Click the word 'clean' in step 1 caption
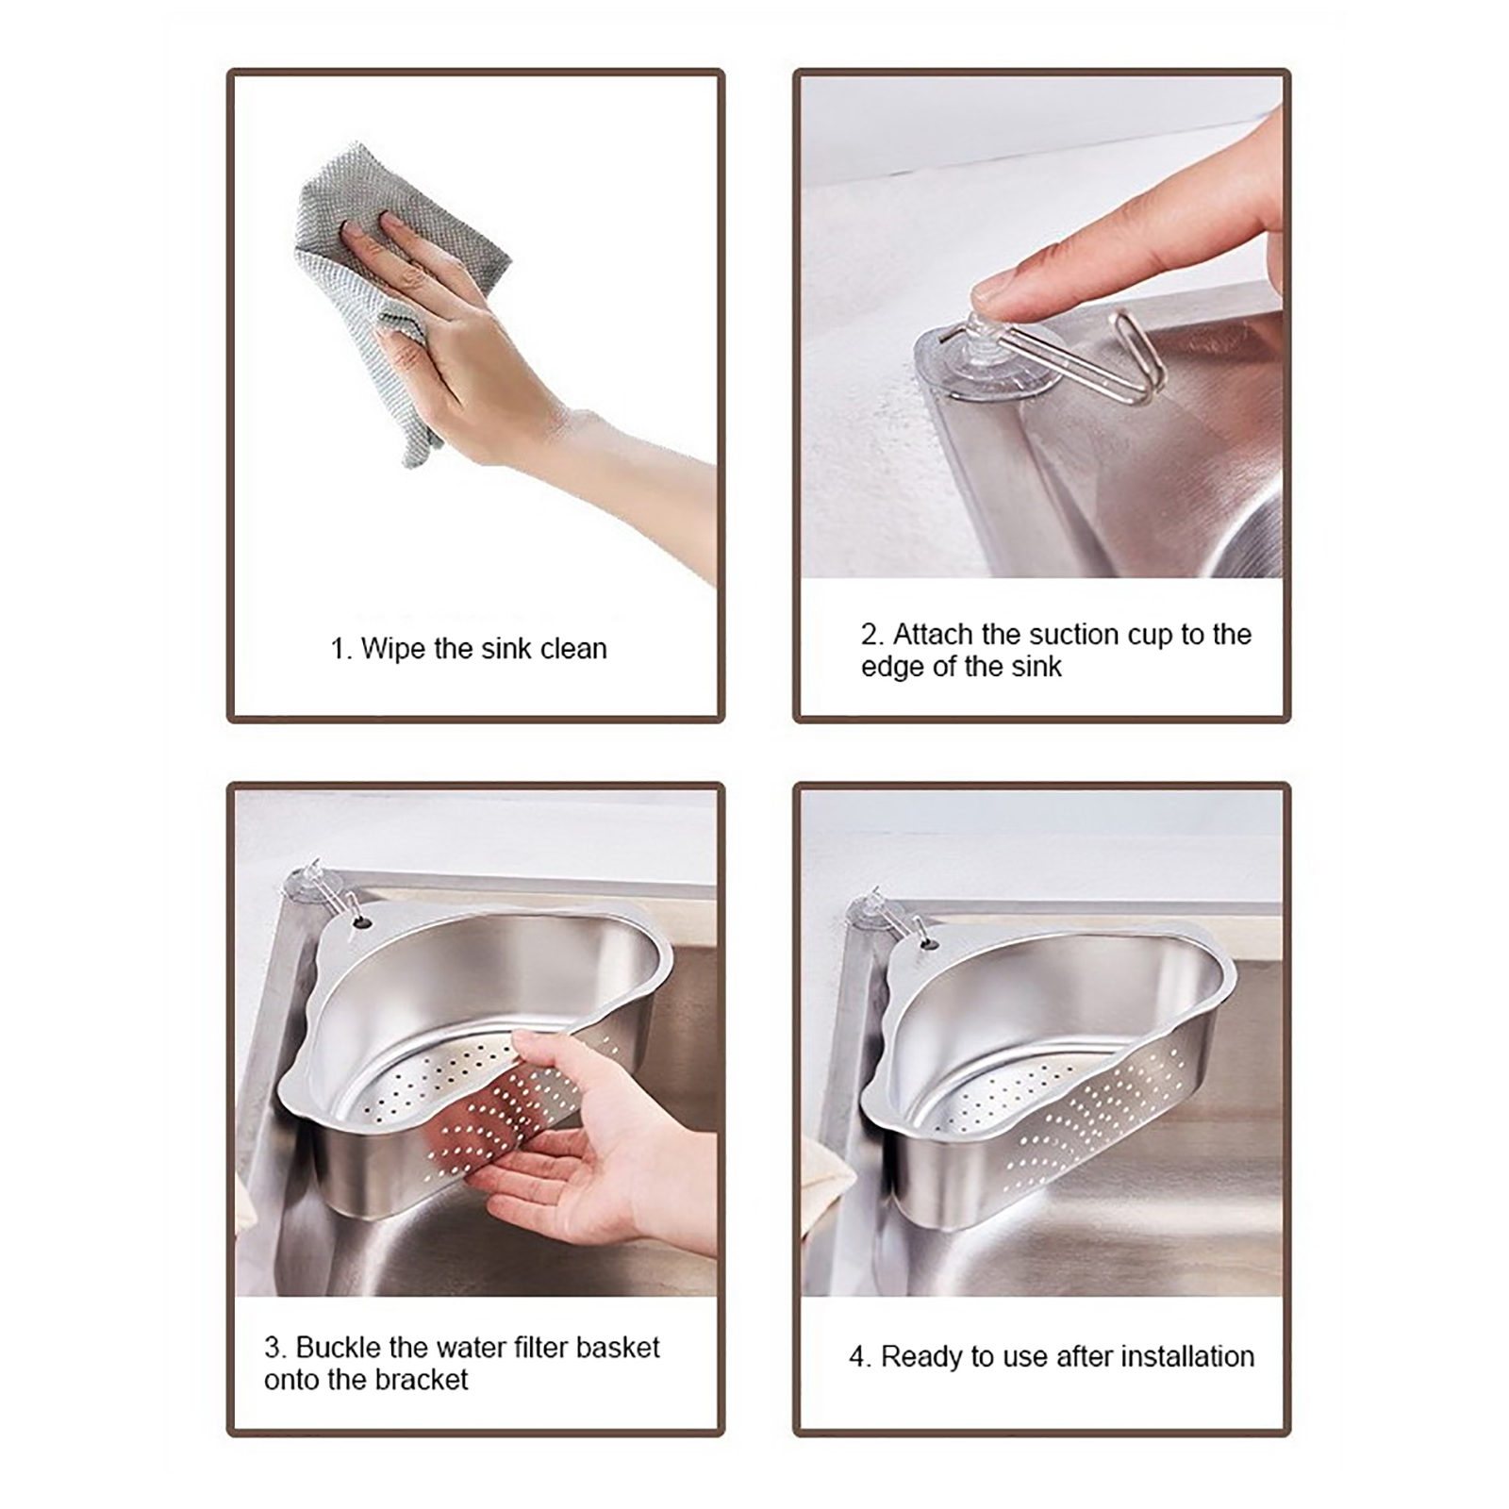click(x=573, y=649)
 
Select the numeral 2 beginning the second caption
click(x=870, y=635)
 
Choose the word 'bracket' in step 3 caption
click(x=421, y=1380)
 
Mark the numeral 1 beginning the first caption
click(x=338, y=650)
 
